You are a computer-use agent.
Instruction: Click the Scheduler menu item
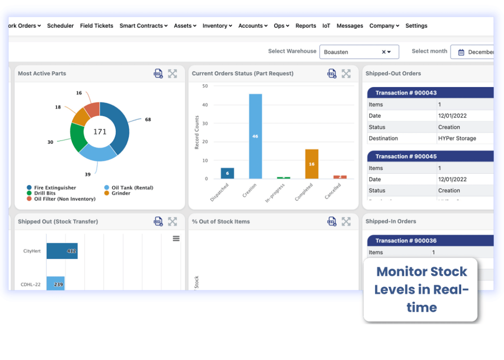click(x=61, y=26)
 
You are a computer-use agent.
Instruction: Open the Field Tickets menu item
click(x=96, y=26)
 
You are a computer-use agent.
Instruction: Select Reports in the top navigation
click(x=306, y=26)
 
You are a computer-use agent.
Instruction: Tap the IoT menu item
click(x=326, y=26)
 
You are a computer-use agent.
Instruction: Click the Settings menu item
click(x=416, y=26)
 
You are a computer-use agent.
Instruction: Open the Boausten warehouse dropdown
click(x=359, y=52)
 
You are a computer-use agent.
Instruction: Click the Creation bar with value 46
click(x=255, y=136)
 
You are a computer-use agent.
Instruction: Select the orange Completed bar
click(x=312, y=164)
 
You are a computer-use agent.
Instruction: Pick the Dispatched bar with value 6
click(x=227, y=173)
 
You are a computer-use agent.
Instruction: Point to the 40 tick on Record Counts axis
click(x=205, y=105)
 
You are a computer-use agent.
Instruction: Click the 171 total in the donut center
click(x=100, y=131)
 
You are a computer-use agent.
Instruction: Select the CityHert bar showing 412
click(x=62, y=251)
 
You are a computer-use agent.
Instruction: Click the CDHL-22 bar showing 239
click(x=56, y=284)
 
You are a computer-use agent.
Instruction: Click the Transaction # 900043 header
click(x=406, y=93)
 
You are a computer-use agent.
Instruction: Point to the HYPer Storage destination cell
click(x=457, y=138)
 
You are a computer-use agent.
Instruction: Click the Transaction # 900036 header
click(x=406, y=240)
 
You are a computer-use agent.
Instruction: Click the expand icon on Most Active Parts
click(x=172, y=73)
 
